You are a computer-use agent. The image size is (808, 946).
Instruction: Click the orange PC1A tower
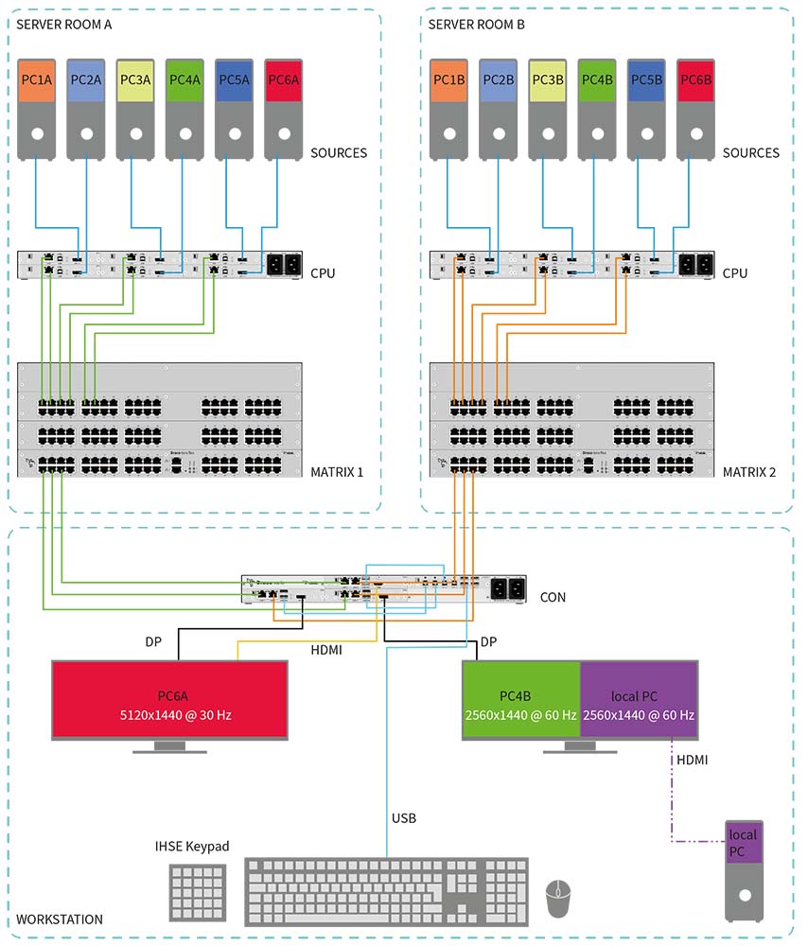(x=37, y=109)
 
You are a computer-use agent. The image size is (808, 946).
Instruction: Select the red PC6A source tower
(x=284, y=109)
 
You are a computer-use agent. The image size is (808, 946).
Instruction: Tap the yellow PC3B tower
(x=547, y=109)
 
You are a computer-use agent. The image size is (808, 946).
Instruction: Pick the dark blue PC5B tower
(x=646, y=109)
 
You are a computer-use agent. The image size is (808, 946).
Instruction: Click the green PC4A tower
(x=184, y=109)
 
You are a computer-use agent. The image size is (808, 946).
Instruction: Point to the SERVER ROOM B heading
(x=476, y=24)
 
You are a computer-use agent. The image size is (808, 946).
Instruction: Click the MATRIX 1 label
(x=338, y=471)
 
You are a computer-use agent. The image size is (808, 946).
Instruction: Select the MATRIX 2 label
(x=749, y=471)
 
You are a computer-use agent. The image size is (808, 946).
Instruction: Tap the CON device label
(x=553, y=597)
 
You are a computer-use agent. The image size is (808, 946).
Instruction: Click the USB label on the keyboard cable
(x=404, y=817)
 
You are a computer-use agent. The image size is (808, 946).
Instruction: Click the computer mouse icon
(x=559, y=898)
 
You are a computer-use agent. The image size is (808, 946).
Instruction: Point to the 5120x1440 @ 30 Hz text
(x=170, y=715)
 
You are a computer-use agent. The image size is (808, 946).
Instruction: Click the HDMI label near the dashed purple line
(x=692, y=760)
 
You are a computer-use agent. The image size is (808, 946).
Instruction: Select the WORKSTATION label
(x=60, y=920)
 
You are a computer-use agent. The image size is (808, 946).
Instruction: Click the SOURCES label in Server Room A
(x=339, y=152)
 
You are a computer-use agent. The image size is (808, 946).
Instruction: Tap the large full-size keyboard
(x=387, y=891)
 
